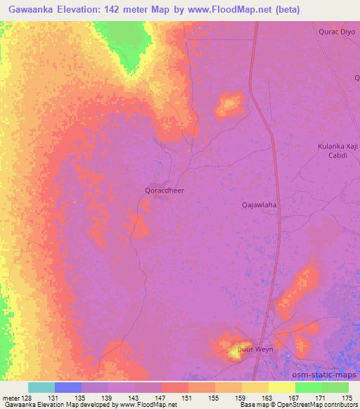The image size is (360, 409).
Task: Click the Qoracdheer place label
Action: [x=165, y=189]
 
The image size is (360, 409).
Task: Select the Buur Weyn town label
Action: [x=255, y=349]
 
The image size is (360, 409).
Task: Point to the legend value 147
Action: [x=162, y=397]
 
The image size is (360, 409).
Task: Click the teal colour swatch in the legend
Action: [x=41, y=387]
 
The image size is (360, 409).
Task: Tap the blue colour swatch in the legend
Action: [x=68, y=387]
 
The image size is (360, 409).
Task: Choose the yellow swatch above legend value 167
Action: [x=282, y=387]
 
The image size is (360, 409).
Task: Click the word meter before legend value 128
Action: [x=11, y=397]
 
